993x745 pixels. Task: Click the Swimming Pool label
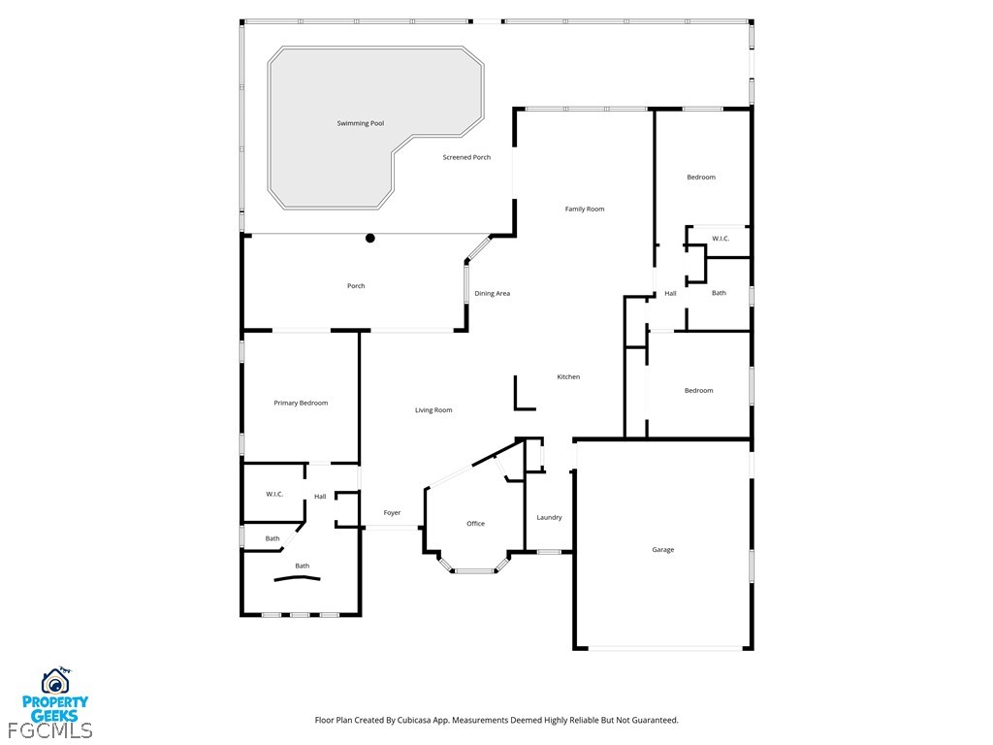[361, 123]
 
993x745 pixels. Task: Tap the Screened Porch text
[466, 157]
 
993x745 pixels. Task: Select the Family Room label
[585, 210]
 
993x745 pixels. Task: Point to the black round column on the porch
[370, 239]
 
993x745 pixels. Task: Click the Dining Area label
[492, 293]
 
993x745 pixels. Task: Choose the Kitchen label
[568, 377]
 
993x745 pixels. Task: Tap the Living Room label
[433, 410]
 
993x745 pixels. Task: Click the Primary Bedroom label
[301, 403]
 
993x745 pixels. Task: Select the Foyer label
[392, 513]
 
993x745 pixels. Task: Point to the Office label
[475, 523]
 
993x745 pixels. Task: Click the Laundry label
[549, 518]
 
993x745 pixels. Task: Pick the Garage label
[663, 550]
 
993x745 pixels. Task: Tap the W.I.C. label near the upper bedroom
[721, 239]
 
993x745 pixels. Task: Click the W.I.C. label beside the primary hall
[274, 494]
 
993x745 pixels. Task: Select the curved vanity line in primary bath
[297, 578]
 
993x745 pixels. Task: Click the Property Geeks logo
[55, 695]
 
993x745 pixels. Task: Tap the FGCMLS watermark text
[50, 730]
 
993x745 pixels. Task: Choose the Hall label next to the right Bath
[671, 293]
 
